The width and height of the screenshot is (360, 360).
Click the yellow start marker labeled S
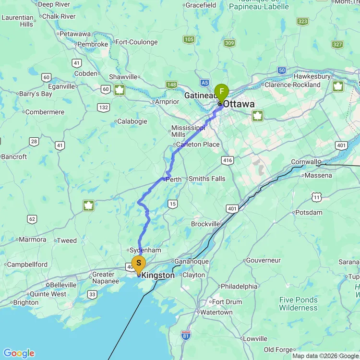[139, 263]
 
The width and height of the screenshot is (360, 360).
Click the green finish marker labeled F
[221, 91]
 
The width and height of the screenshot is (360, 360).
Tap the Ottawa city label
[239, 104]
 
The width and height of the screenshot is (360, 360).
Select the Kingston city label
[158, 276]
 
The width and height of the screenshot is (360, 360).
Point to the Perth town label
[173, 180]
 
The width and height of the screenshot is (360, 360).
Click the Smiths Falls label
[207, 179]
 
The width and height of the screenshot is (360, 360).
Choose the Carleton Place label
[198, 144]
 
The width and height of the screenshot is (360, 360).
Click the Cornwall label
[305, 162]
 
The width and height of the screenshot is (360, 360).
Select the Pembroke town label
[93, 44]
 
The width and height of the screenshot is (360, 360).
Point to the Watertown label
[216, 312]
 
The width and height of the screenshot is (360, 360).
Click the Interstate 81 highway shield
[186, 335]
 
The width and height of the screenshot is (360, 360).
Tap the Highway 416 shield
[228, 160]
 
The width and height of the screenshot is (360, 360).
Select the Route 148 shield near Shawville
[171, 85]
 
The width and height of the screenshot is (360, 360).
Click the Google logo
[19, 353]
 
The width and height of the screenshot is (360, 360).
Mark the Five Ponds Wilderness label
[299, 304]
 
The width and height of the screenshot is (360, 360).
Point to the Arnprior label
[167, 102]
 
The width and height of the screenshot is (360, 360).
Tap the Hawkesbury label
[312, 76]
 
